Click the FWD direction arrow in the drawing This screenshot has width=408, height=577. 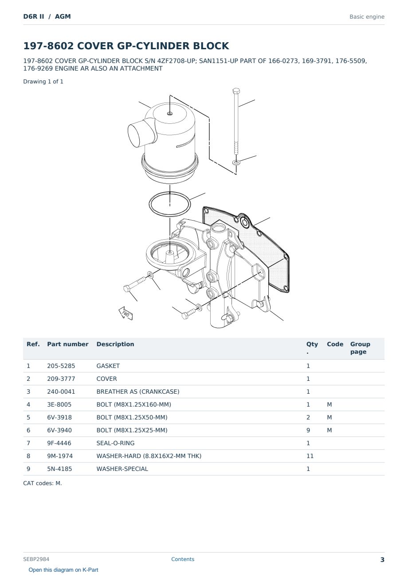(x=126, y=313)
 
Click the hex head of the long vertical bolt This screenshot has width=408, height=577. (x=236, y=91)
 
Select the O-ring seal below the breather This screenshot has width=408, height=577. (x=170, y=205)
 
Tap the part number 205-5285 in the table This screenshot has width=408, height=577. (x=61, y=366)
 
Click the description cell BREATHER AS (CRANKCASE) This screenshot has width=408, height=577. (x=138, y=391)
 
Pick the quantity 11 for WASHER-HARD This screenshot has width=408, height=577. (x=310, y=456)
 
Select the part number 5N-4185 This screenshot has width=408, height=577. (x=59, y=469)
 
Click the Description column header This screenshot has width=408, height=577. (x=115, y=344)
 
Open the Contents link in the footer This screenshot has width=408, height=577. (x=183, y=559)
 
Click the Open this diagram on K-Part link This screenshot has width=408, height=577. (x=63, y=570)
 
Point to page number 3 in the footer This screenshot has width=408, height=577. (x=382, y=560)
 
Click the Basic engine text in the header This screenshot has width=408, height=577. (x=367, y=17)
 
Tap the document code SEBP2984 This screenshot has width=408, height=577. (x=36, y=559)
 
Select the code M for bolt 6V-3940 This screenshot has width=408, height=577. (x=329, y=430)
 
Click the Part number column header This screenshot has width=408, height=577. (x=68, y=344)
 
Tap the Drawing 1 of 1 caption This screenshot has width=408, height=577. (x=43, y=82)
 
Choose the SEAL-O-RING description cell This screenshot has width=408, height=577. (x=115, y=443)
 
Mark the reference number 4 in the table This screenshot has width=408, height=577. (x=28, y=404)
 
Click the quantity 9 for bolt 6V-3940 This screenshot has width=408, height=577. (x=308, y=430)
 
